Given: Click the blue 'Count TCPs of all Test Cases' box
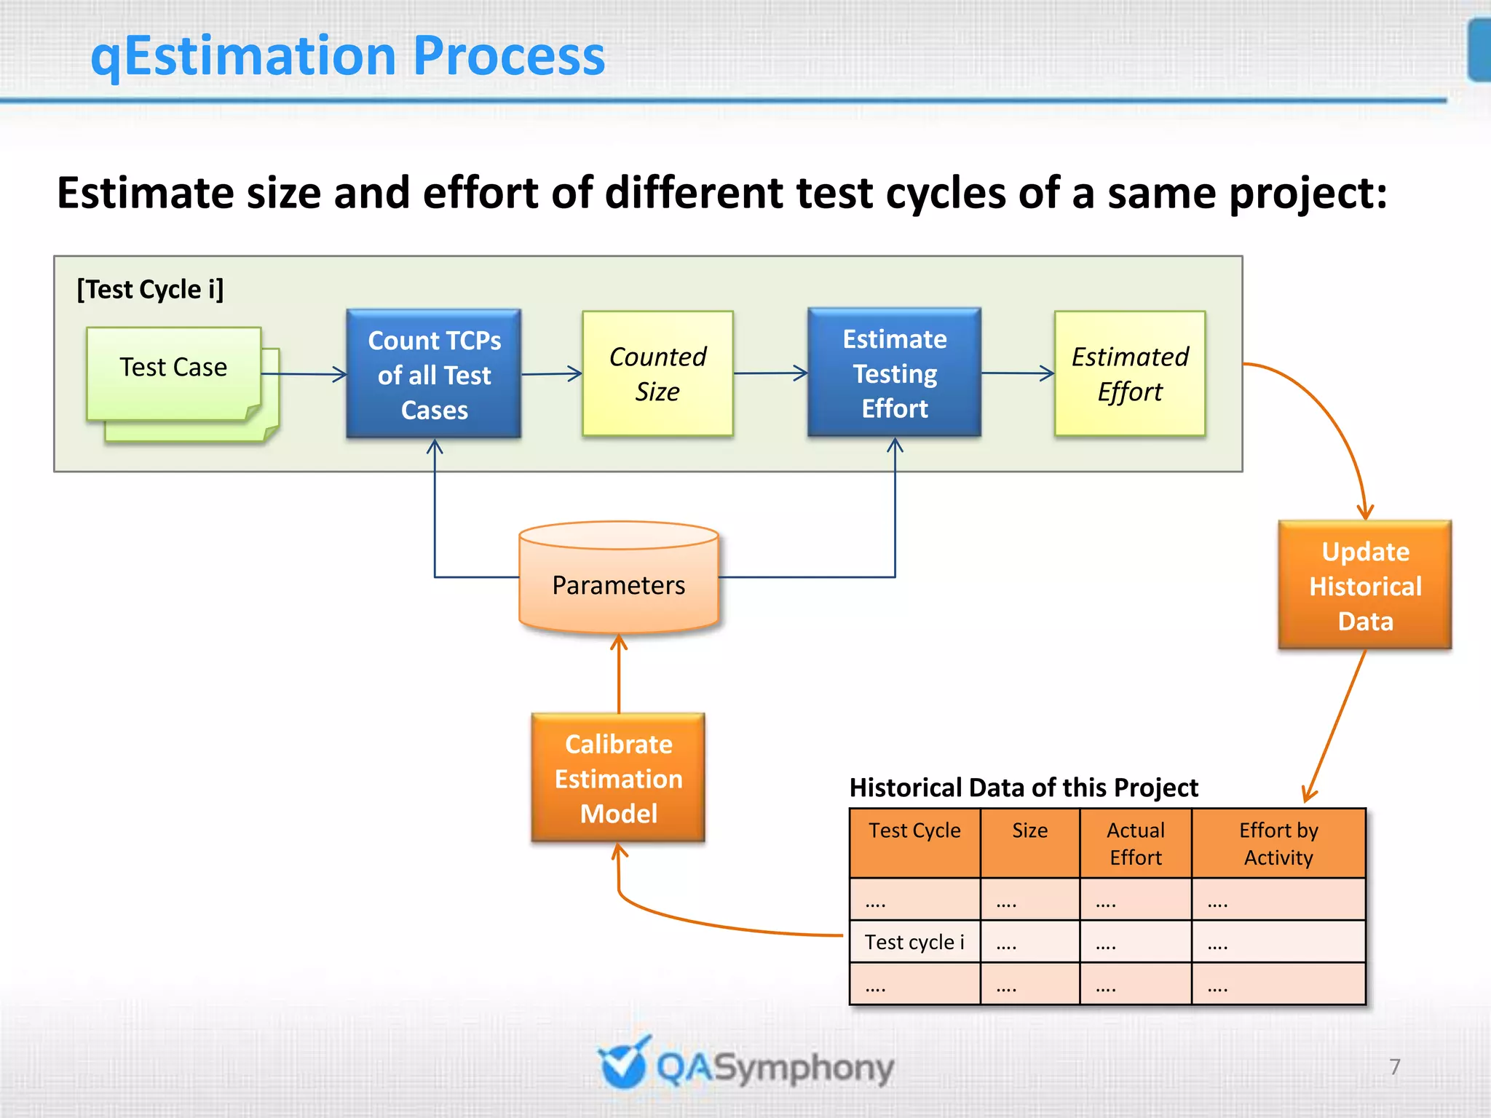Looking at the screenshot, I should tap(434, 374).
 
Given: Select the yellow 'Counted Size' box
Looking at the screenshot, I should tap(657, 374).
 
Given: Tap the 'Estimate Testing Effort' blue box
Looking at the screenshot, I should tap(894, 373).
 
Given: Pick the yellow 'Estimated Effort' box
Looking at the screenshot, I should tap(1130, 374).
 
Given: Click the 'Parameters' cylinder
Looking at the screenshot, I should tap(619, 585).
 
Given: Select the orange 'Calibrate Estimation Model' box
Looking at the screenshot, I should tap(618, 778).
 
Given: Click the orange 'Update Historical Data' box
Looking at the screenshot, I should tap(1365, 585).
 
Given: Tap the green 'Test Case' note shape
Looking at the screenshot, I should tap(173, 368).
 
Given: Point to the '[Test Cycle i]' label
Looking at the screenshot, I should tap(151, 290).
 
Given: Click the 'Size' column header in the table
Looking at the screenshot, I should tap(1029, 830).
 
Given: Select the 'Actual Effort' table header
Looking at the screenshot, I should tap(1136, 843).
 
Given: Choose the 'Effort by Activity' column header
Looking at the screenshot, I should tap(1278, 843).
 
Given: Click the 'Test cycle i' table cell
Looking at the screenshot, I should tap(914, 942).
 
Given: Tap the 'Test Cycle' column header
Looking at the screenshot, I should tap(914, 830).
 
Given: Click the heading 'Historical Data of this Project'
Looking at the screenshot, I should tap(1024, 788).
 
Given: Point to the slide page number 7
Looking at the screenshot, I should tap(1394, 1066).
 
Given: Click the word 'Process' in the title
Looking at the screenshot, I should tap(509, 56).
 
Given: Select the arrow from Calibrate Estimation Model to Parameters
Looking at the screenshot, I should tap(619, 673).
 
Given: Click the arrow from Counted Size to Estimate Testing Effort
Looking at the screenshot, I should tap(770, 373).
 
